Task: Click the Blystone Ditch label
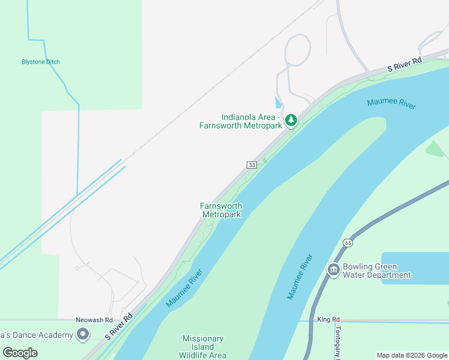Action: (41, 62)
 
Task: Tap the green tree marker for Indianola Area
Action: (291, 121)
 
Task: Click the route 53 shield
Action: (252, 165)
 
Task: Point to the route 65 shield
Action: (348, 243)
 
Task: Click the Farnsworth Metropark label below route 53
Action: (221, 211)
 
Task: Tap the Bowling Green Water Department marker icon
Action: (333, 271)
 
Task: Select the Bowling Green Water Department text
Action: (376, 271)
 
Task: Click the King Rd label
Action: (328, 319)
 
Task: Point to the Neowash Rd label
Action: (94, 320)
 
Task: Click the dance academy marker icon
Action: (83, 334)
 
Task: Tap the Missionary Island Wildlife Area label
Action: (203, 347)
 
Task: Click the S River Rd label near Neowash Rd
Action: (119, 326)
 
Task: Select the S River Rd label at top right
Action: (405, 65)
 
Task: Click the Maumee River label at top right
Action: (391, 103)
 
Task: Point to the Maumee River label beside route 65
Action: (300, 277)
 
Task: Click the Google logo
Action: (20, 352)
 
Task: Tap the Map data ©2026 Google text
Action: (412, 355)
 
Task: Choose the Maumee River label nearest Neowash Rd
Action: (184, 288)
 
